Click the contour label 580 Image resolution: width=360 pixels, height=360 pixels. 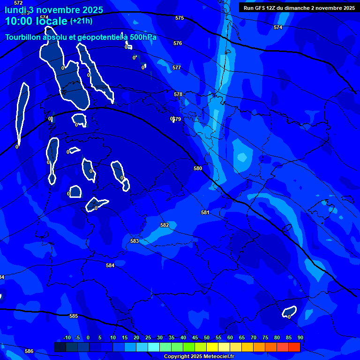point(198,168)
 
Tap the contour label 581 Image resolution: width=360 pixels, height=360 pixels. point(205,212)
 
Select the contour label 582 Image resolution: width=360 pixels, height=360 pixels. point(165,225)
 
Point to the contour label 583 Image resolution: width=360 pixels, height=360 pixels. point(135,241)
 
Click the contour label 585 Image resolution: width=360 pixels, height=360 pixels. point(74,316)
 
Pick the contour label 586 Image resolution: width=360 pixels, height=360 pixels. point(29,351)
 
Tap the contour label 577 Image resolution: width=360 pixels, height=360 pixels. point(177,68)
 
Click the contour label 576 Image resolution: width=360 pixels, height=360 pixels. point(178,44)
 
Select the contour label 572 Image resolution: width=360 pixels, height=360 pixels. point(18,3)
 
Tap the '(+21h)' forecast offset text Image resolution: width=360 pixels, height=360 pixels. point(81,21)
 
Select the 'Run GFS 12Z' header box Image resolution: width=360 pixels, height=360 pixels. point(299,8)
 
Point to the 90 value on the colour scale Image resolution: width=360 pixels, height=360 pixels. point(300,338)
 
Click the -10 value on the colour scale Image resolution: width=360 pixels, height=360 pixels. point(67,338)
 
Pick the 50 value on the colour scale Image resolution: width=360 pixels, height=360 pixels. point(207,338)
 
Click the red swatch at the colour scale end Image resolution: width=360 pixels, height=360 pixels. point(294,347)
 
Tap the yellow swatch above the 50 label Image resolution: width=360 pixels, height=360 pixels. point(212,347)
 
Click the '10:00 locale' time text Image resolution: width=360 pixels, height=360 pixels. point(36,22)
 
